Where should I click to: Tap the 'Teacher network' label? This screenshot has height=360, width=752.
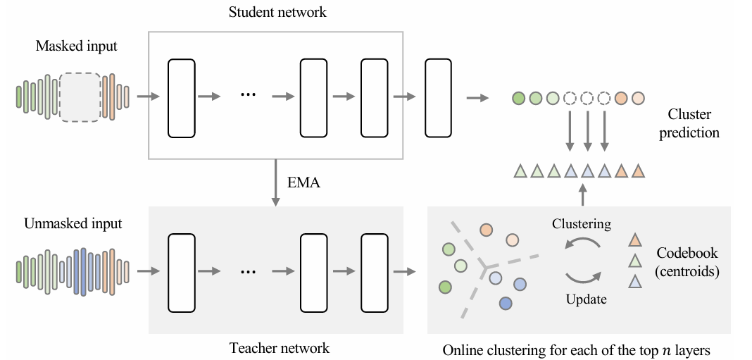click(x=279, y=347)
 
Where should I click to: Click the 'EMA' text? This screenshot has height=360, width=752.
click(x=304, y=183)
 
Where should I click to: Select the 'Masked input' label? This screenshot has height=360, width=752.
click(x=77, y=46)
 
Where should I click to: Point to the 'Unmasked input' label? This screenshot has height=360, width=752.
click(x=73, y=224)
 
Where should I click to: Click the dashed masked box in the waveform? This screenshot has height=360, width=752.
click(x=80, y=97)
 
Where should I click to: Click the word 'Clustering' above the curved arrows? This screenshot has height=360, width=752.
click(x=581, y=224)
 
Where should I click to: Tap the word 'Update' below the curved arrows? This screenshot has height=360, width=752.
click(x=586, y=299)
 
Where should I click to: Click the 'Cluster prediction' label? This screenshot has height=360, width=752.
click(x=689, y=123)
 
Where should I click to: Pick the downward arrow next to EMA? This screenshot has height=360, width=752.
click(x=273, y=182)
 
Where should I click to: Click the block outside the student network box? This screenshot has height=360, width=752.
click(x=438, y=98)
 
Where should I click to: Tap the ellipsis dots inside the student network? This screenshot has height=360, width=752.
click(x=248, y=96)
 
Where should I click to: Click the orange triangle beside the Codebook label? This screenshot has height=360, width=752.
click(x=634, y=240)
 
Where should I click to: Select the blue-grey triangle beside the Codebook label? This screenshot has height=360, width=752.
click(x=634, y=281)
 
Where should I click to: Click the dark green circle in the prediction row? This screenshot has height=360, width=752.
click(x=519, y=98)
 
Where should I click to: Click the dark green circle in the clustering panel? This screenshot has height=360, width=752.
click(x=444, y=287)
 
